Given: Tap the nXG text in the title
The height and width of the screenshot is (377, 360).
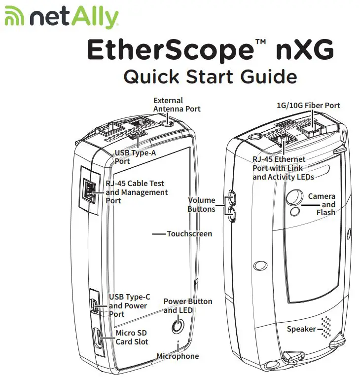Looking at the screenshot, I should point(301,50).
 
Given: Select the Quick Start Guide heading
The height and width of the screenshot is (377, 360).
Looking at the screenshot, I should point(210,77).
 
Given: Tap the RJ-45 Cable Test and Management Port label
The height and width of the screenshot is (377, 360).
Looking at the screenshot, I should point(137,192).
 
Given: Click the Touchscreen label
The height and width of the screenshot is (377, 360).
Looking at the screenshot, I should point(189,233).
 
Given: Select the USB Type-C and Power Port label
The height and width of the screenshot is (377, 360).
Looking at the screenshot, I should point(129,305).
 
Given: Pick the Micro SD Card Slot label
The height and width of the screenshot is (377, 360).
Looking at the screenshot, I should point(132,338).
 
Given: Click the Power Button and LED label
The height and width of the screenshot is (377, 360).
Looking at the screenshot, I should point(188,305).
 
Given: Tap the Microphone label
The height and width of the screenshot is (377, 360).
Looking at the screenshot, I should point(178,356).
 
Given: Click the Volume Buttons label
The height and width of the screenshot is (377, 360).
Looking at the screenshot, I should point(201,204).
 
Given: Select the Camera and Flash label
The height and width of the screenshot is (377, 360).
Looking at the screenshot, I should point(322,204).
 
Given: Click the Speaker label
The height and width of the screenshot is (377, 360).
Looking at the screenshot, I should point(301,329).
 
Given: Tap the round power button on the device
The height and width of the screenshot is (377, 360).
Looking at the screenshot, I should point(177,326).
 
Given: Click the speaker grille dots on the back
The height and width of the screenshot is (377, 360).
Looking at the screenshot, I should point(326,326).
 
